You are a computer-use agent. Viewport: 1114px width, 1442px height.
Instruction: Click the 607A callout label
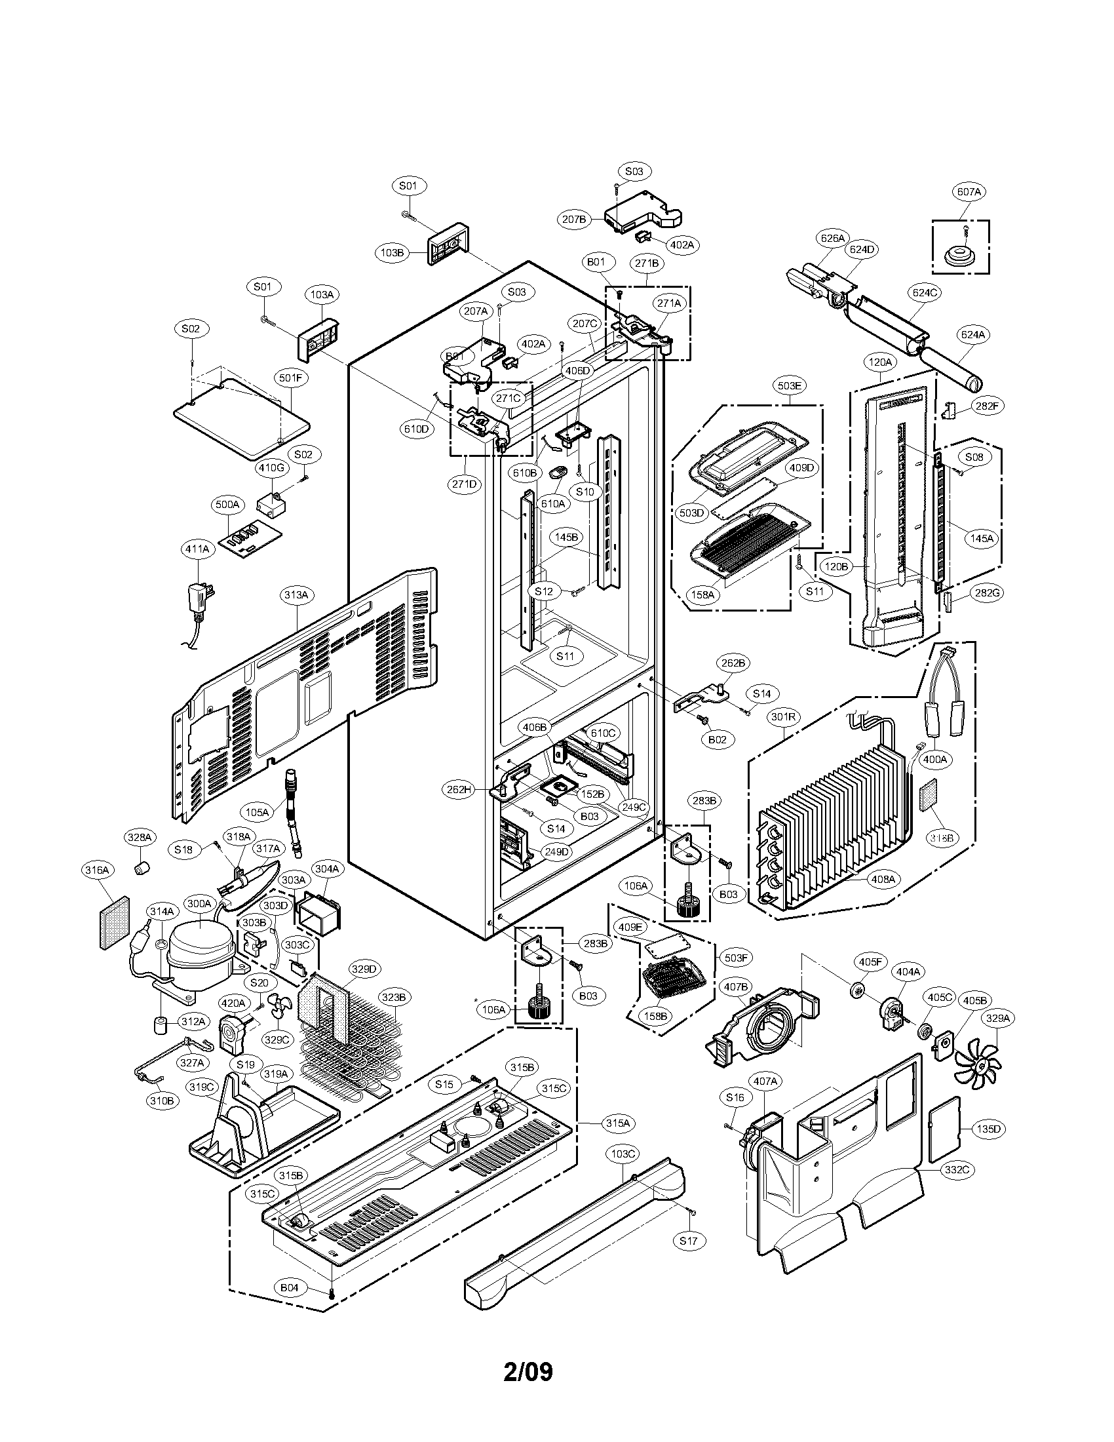point(968,192)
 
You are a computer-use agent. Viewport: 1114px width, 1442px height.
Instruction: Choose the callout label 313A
point(296,595)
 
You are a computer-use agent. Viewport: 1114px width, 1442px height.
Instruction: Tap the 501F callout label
point(290,378)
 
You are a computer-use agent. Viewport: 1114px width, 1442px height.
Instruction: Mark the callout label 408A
point(883,879)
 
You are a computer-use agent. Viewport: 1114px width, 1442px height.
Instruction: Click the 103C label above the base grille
point(623,1154)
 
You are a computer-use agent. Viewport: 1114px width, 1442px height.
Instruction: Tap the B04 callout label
point(290,1287)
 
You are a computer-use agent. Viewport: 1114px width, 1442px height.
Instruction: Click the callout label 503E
point(790,385)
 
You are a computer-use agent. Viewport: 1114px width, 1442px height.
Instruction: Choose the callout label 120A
point(879,362)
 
